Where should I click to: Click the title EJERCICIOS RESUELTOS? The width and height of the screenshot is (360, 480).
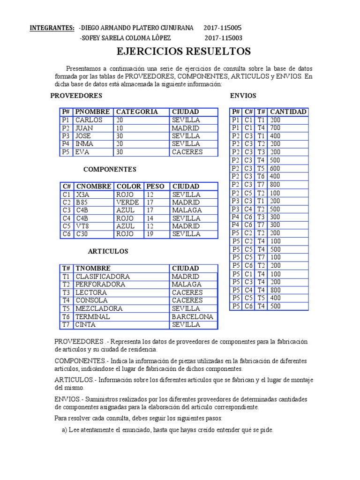tap(183, 52)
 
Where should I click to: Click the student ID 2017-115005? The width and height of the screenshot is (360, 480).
tap(223, 28)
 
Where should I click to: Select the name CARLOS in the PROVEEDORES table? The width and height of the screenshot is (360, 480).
tap(89, 120)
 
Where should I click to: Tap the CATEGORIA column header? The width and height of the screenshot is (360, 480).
tap(137, 112)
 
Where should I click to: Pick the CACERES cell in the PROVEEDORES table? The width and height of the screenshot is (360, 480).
tap(187, 152)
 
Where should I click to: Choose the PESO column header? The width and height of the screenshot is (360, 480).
tap(156, 187)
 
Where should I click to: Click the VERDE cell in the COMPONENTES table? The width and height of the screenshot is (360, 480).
tap(127, 202)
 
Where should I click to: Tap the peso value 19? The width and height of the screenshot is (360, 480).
tap(150, 234)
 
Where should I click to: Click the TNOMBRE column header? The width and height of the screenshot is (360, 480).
tap(93, 269)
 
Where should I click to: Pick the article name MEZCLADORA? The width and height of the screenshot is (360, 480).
tap(99, 308)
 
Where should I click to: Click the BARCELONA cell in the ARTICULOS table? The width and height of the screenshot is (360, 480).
tap(193, 316)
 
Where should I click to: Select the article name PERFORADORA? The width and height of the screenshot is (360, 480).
tap(100, 285)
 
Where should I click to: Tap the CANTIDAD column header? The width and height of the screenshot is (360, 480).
tap(288, 112)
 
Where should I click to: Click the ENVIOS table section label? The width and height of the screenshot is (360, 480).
tap(243, 96)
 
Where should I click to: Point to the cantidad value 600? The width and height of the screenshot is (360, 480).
tap(275, 168)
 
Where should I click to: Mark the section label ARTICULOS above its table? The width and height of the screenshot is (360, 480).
tap(108, 252)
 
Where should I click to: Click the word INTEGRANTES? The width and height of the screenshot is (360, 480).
tap(52, 28)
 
